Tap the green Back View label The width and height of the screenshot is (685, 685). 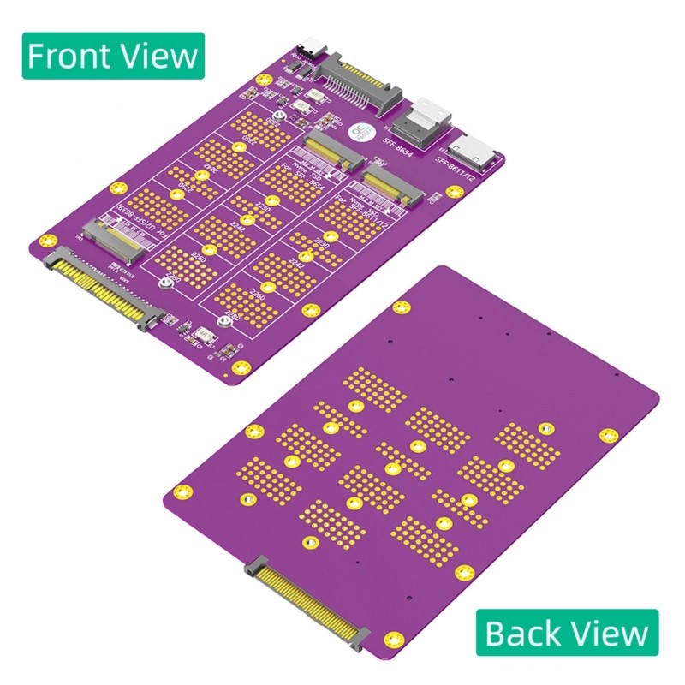point(566,633)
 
